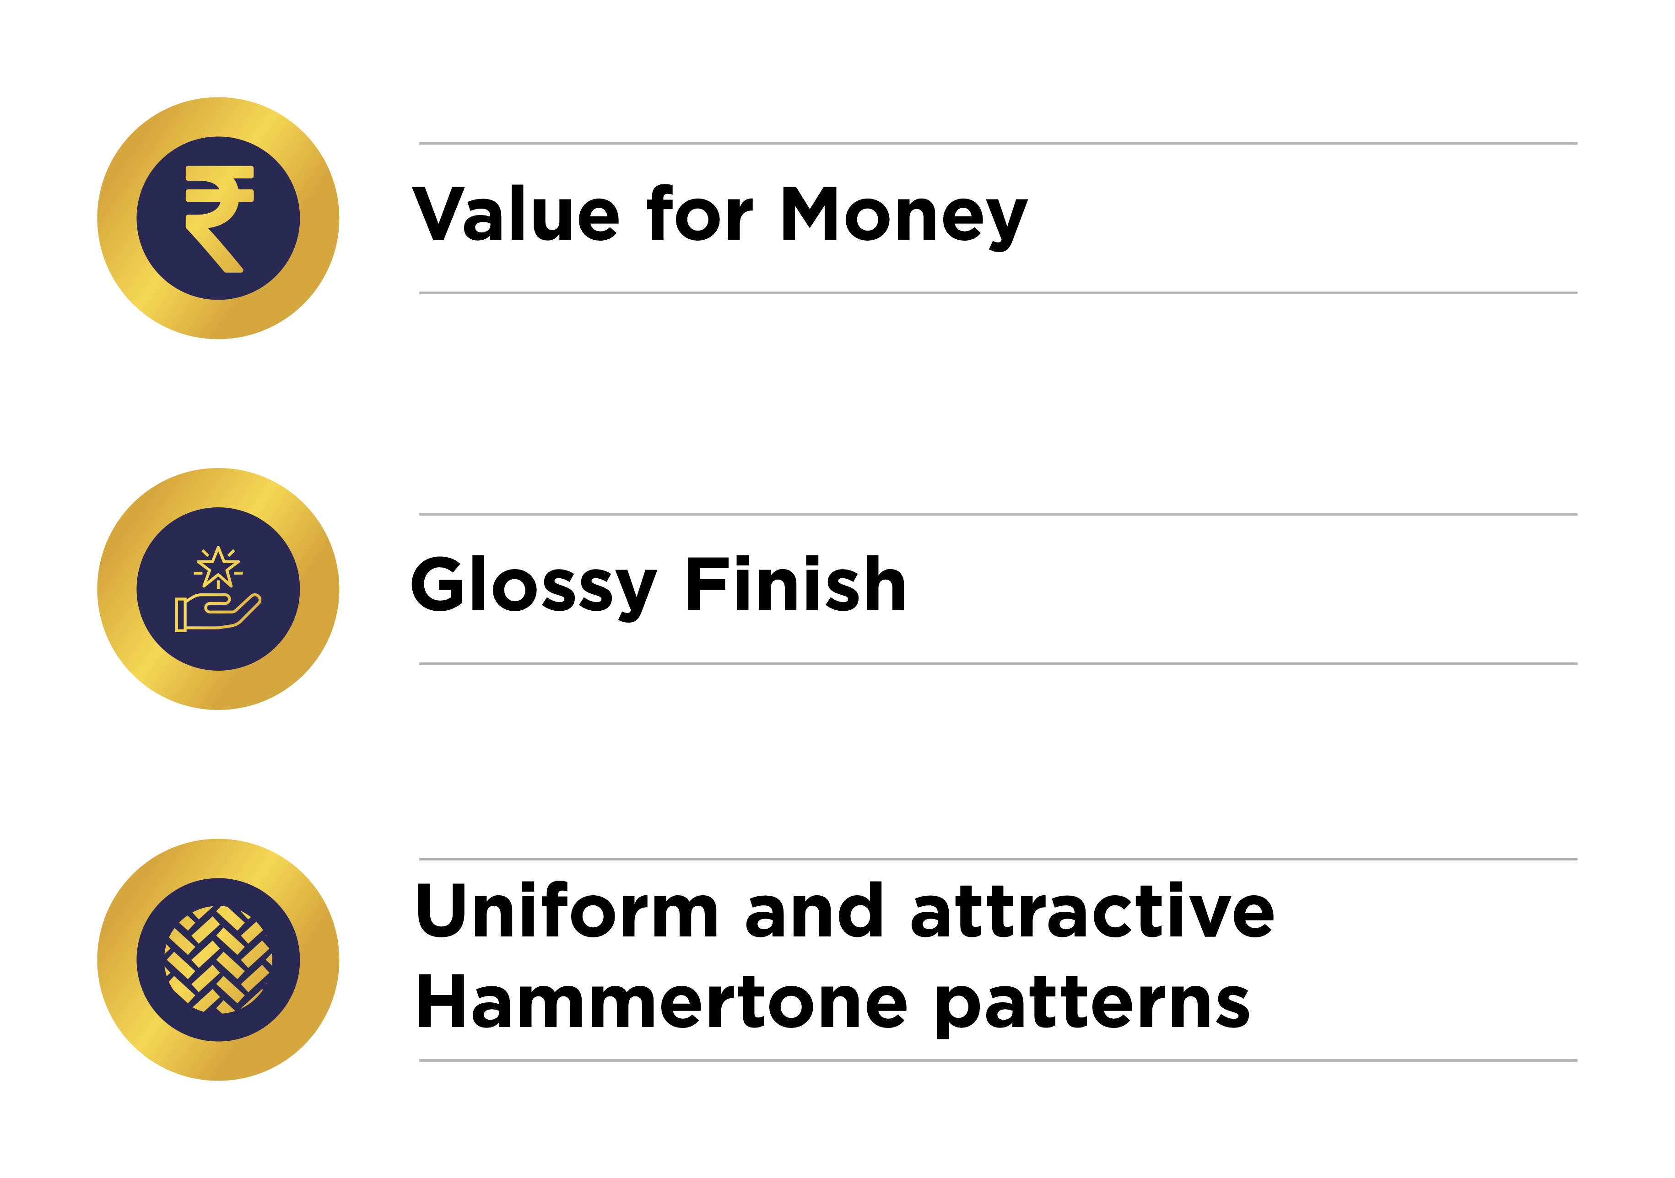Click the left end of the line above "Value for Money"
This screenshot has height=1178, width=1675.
tap(420, 144)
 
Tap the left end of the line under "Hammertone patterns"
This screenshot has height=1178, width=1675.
tap(420, 1060)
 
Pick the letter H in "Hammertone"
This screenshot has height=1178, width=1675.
tap(441, 1001)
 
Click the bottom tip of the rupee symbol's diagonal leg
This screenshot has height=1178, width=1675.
tap(235, 271)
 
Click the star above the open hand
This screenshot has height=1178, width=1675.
tap(218, 567)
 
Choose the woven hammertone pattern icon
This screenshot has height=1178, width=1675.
tap(218, 960)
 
